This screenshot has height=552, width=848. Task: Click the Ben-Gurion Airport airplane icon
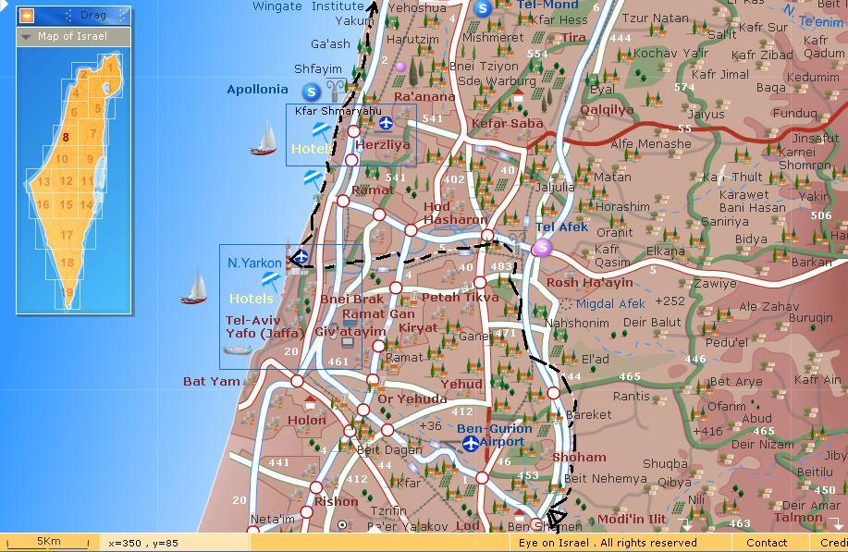point(471,444)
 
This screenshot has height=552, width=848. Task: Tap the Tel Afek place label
point(561,227)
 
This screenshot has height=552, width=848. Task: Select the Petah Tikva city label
point(460,298)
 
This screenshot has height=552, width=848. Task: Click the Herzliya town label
point(382,145)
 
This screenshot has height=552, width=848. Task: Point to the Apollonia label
point(257,90)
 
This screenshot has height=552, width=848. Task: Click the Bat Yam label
point(211,381)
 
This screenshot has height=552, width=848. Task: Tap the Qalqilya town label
point(607,110)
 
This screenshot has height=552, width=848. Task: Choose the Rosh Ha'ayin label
point(589,283)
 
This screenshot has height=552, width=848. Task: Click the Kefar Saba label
point(507,124)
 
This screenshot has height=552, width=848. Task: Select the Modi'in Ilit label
point(632,520)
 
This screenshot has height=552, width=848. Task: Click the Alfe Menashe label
point(650,144)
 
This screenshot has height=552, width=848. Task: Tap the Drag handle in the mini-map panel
point(92,16)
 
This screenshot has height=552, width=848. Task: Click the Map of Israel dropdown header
point(72,36)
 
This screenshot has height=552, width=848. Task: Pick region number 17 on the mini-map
point(67,235)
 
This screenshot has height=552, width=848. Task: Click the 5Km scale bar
point(48,542)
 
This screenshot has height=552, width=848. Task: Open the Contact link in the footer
point(767,543)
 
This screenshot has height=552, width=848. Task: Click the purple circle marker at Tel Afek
point(543,247)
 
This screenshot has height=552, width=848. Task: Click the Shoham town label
point(579,458)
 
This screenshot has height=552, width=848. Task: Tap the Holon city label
point(307,420)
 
